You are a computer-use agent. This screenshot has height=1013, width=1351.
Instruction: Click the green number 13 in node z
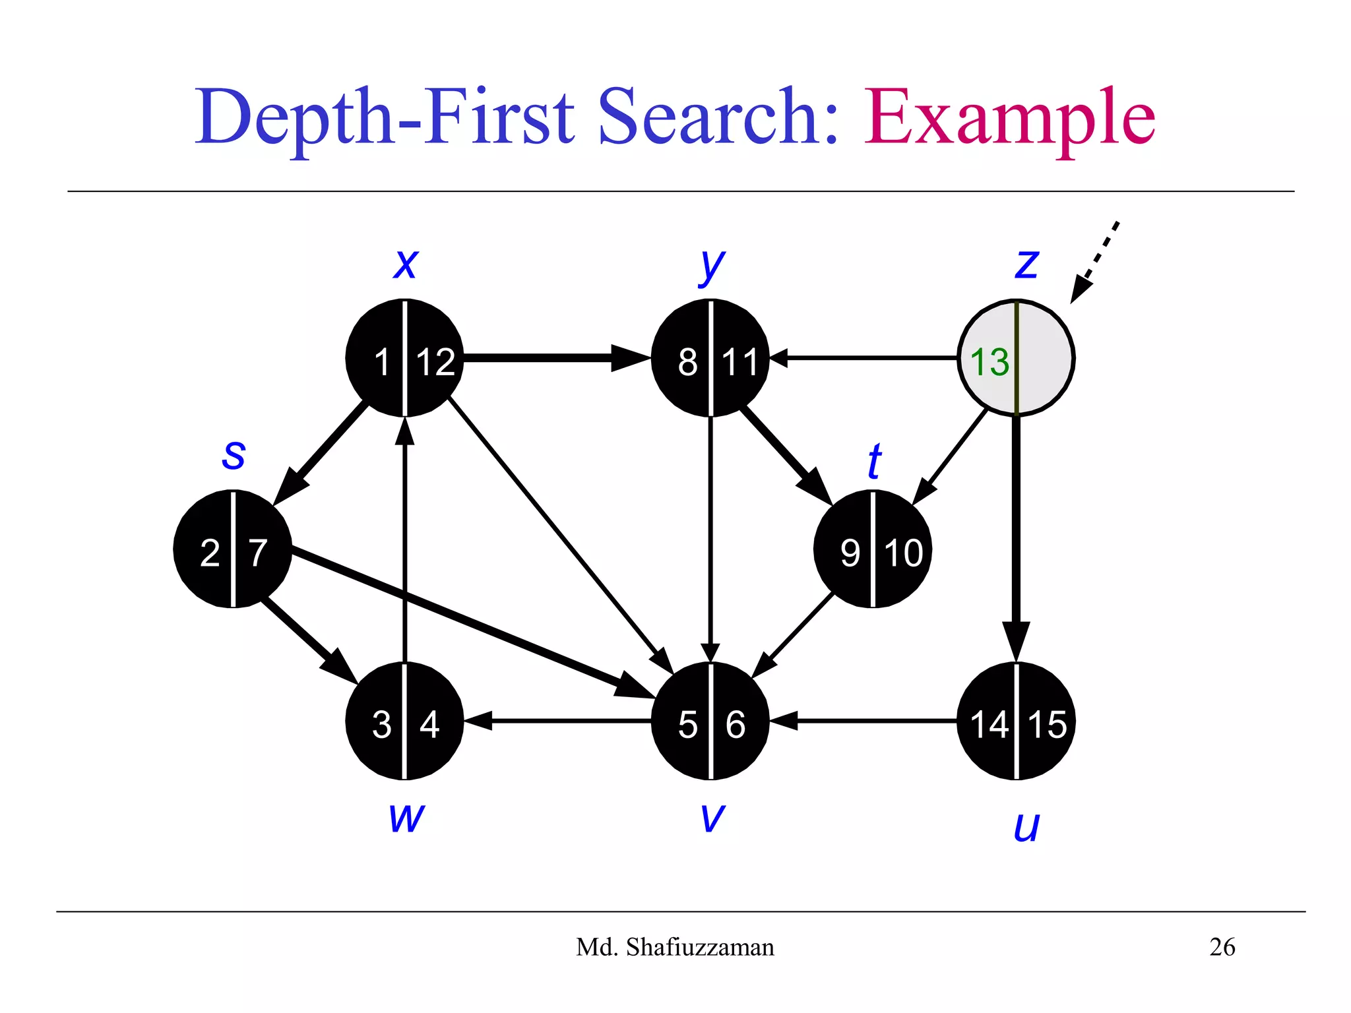[990, 361]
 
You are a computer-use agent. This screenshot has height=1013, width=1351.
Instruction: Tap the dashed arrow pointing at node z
[1096, 261]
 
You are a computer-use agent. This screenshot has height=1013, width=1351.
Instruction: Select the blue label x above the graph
[405, 264]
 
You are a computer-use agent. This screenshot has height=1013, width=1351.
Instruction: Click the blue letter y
[712, 266]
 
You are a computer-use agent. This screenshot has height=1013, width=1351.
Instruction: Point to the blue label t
[874, 461]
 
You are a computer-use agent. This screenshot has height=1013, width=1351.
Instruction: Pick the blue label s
[234, 454]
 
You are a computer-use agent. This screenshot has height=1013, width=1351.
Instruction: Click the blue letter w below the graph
[406, 818]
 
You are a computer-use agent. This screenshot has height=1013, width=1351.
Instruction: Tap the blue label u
[1026, 826]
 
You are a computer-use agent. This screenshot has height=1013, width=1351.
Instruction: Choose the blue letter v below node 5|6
[712, 818]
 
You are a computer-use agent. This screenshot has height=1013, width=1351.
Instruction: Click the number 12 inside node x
[435, 362]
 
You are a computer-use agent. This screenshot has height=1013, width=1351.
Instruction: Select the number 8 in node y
[687, 362]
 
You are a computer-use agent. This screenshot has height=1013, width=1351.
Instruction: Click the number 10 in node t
[903, 553]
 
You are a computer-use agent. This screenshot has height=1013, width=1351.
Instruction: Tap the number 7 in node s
[258, 553]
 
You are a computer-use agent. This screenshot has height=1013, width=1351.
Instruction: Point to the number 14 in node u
[989, 724]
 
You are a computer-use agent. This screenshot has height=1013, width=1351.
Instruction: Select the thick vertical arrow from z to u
[1016, 528]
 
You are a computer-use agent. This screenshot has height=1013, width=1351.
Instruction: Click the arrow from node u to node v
[864, 721]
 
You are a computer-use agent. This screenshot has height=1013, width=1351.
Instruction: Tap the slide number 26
[1222, 947]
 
